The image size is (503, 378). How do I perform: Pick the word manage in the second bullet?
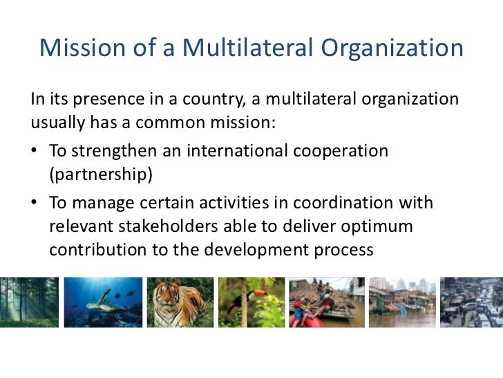[x=99, y=204]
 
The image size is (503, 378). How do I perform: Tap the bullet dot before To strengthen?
[x=35, y=151]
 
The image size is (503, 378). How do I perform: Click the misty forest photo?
[x=28, y=303]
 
